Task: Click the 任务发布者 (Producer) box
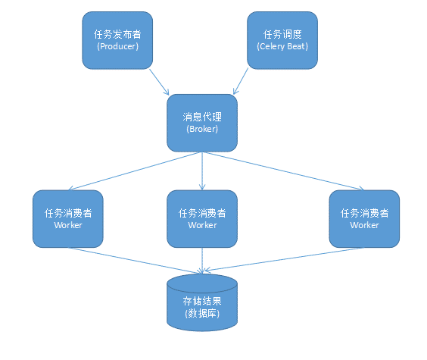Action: [x=117, y=40]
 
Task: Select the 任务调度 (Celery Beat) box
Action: [x=282, y=40]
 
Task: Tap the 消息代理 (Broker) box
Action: [x=201, y=123]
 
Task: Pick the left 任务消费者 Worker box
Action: [x=68, y=218]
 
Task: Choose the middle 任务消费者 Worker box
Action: [x=201, y=218]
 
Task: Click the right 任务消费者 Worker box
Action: [x=364, y=218]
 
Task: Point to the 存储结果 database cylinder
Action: [x=201, y=303]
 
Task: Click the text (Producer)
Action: [x=117, y=46]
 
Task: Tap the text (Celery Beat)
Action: [x=282, y=46]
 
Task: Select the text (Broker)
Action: [x=201, y=129]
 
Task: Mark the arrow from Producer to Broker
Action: [x=160, y=80]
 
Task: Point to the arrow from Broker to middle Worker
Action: [x=201, y=171]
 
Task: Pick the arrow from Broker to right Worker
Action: [x=280, y=171]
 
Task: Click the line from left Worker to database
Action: [x=136, y=259]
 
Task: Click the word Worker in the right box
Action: [x=364, y=225]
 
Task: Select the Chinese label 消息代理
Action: [x=201, y=117]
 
